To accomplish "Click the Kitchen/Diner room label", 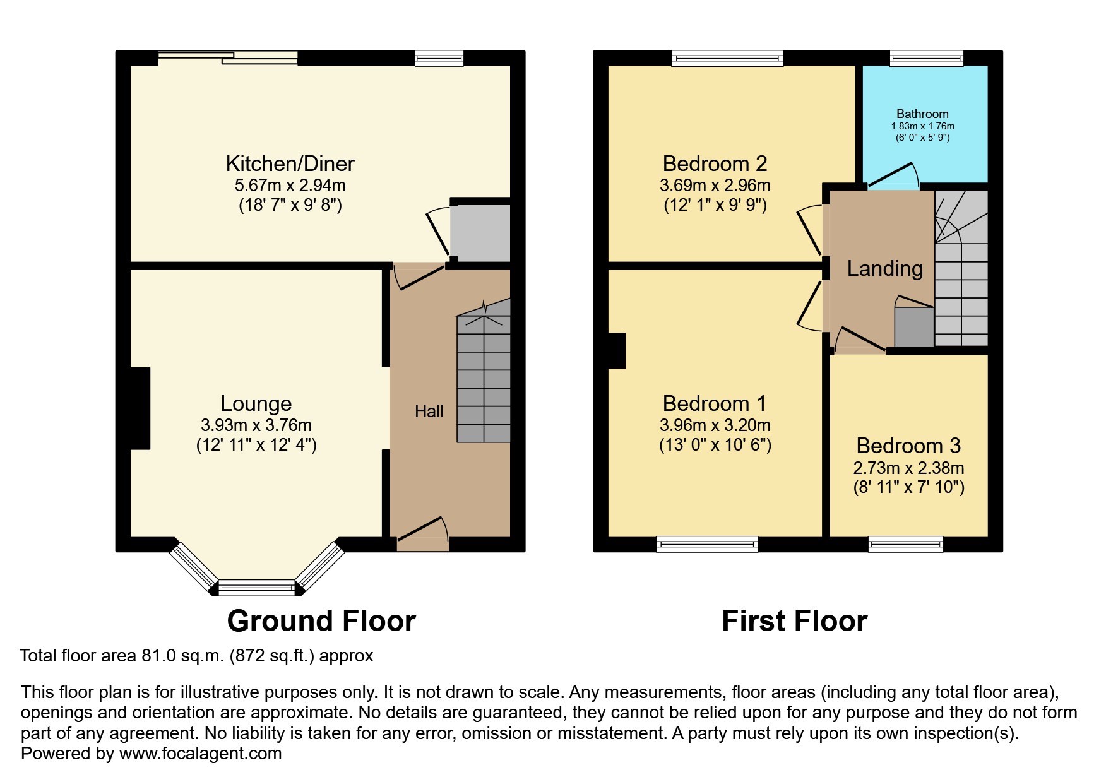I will point(290,164).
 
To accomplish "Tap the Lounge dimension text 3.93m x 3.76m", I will point(256,425).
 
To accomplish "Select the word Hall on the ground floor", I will point(429,412).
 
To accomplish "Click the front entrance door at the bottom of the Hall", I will point(422,531).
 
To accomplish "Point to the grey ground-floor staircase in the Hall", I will point(484,379).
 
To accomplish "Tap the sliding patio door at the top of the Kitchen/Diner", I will point(227,58).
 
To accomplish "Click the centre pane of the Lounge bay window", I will point(256,588).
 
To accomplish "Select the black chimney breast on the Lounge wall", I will point(140,408).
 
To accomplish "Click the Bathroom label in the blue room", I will point(922,114).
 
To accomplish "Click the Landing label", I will point(884,269).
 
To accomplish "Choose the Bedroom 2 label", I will point(715,164).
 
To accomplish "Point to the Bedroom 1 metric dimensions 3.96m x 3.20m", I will point(715,425).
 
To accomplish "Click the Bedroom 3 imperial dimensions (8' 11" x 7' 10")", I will point(908,487).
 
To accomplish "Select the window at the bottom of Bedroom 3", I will point(905,543).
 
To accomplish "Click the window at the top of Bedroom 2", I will point(727,59).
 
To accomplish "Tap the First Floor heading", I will point(794,621).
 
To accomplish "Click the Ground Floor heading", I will point(321,621).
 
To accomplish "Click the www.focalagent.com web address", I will point(200,754).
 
